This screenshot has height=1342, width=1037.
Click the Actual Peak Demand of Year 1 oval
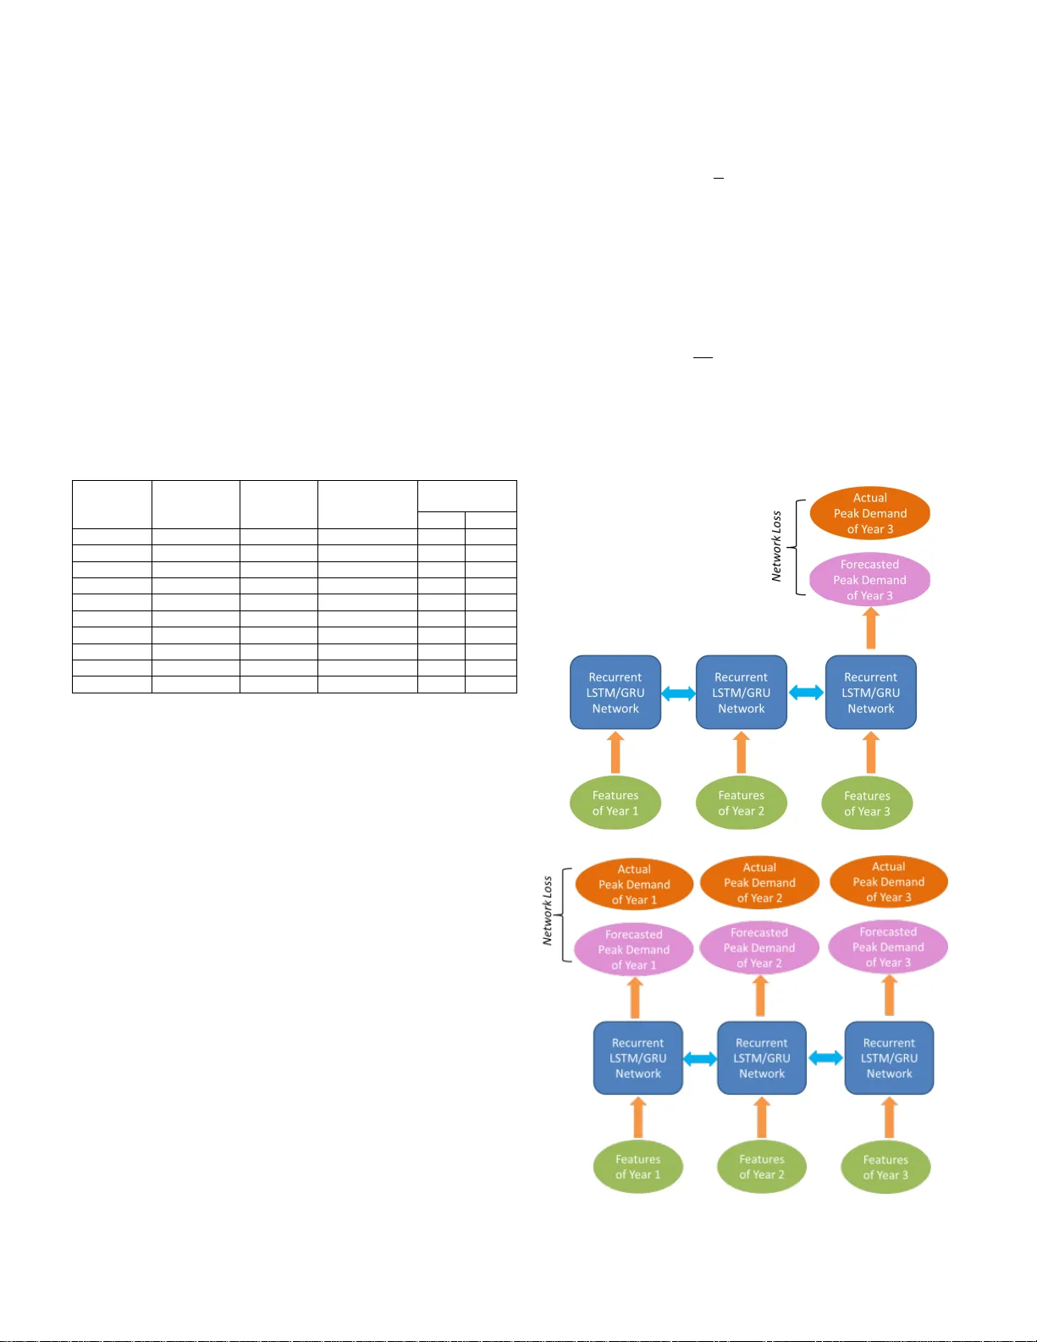634,884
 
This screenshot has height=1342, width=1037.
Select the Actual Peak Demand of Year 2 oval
759,882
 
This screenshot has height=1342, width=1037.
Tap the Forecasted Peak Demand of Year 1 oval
633,949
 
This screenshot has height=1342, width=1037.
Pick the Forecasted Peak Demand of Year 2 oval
759,947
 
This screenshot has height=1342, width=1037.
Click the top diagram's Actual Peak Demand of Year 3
869,513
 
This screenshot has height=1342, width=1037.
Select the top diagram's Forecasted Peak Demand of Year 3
869,580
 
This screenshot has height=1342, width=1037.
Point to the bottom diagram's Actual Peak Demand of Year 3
888,881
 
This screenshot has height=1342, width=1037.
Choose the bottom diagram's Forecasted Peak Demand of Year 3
888,947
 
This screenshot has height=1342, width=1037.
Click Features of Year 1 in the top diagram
615,803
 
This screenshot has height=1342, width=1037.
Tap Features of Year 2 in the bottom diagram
761,1167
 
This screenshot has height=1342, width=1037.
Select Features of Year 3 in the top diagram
867,803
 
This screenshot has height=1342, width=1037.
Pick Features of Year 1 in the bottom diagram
637,1167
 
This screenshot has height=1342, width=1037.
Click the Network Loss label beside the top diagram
776,546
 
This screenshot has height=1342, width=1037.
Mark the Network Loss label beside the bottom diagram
548,910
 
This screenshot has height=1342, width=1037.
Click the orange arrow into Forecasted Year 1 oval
635,997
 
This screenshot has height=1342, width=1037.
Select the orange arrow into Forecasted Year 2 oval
760,997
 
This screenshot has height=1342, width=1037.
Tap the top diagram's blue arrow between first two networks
678,693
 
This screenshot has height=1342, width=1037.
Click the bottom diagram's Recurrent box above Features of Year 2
761,1058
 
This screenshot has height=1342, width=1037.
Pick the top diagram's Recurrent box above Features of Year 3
870,693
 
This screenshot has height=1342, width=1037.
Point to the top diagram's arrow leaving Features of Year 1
615,753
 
